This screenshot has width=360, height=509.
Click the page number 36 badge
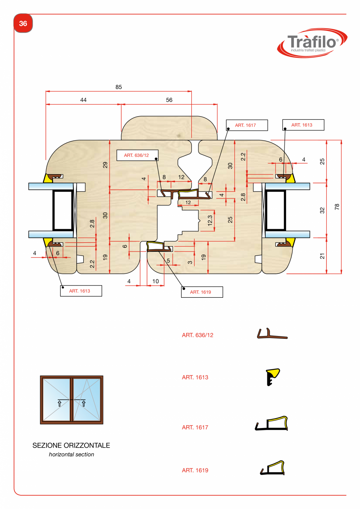(23, 24)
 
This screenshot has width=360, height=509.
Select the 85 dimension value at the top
(119, 87)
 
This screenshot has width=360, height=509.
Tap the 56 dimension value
(169, 100)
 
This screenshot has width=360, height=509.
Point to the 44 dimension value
(83, 100)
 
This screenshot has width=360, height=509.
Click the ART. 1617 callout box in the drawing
(247, 125)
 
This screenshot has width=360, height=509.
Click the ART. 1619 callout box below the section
(202, 292)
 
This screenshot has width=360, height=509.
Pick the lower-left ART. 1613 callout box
(81, 291)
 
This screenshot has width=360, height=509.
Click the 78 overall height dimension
(337, 206)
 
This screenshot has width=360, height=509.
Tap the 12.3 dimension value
(210, 221)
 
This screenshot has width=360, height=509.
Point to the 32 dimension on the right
(322, 210)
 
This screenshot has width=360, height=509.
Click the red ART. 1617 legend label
(195, 428)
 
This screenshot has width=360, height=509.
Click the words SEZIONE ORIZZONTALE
(71, 446)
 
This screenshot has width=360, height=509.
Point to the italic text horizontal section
(71, 455)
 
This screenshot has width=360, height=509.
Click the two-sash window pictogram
(72, 400)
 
